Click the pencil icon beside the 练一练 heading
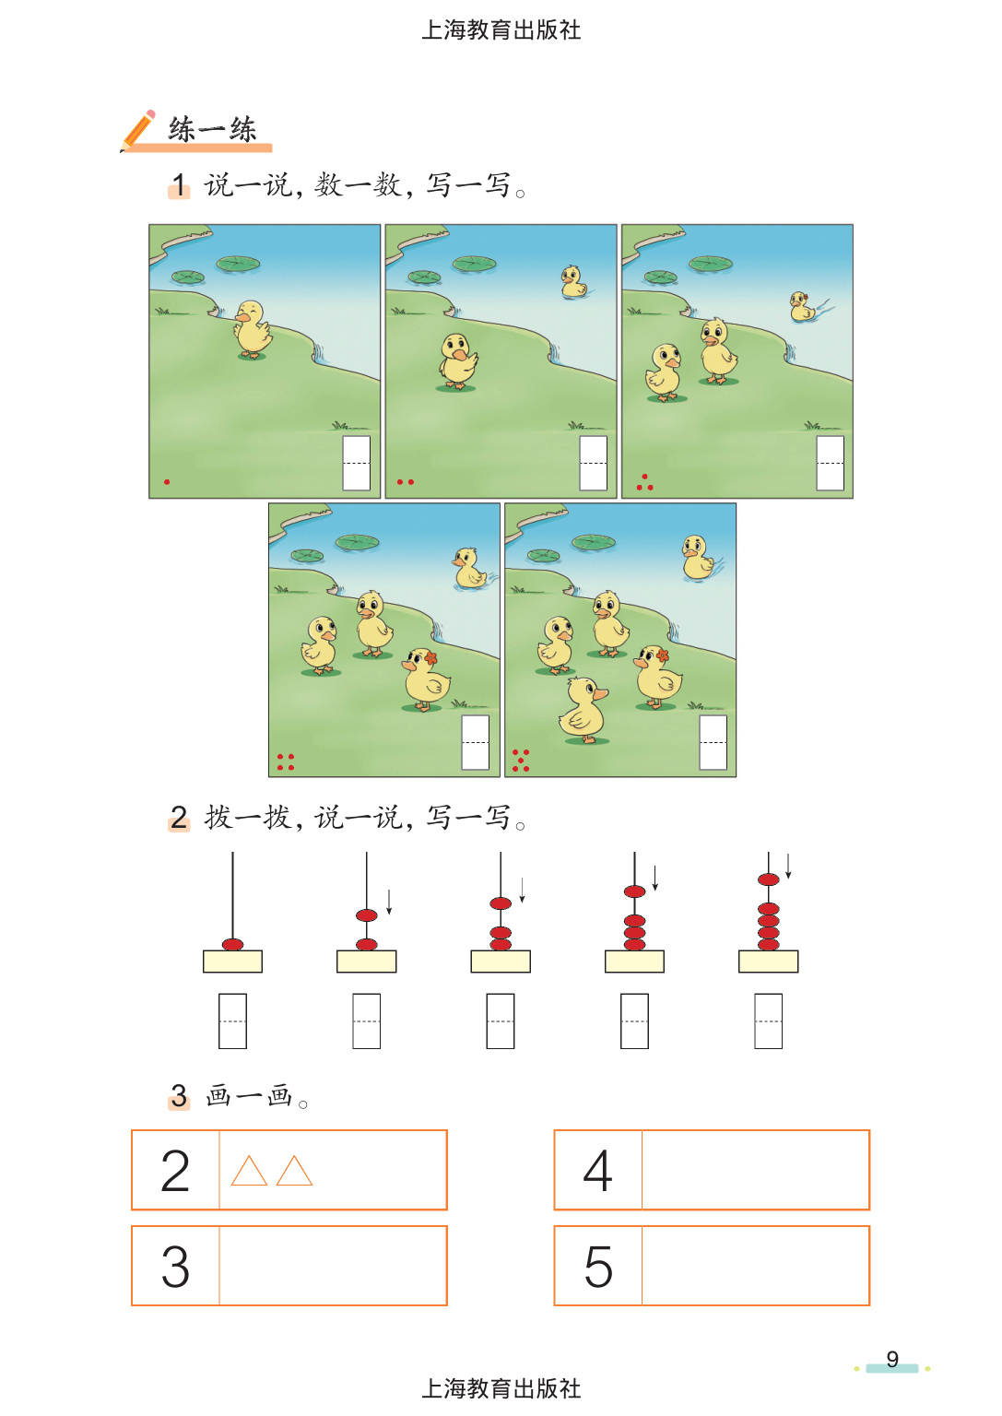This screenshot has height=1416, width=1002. (138, 131)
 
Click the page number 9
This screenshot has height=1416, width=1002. (892, 1359)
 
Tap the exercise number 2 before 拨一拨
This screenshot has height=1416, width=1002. (179, 818)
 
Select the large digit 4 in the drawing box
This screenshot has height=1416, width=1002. (597, 1171)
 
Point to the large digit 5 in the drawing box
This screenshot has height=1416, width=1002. (598, 1266)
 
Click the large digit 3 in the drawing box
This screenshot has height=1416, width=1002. (175, 1266)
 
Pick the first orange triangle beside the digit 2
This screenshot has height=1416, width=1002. (249, 1171)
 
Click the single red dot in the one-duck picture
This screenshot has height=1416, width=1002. (167, 482)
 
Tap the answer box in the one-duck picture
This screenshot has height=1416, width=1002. (357, 463)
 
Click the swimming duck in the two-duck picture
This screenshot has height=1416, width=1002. (573, 281)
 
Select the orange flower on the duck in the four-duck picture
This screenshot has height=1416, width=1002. (430, 657)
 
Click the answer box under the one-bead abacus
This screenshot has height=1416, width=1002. (232, 1021)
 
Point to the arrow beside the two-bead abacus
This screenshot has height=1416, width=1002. (389, 903)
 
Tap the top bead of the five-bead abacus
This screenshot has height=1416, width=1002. (768, 879)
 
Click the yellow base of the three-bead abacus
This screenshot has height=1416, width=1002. (501, 962)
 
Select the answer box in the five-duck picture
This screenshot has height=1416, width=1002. (713, 742)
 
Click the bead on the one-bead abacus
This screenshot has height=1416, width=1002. (232, 944)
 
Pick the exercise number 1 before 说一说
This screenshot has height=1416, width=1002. (180, 185)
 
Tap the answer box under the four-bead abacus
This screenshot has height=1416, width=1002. (635, 1021)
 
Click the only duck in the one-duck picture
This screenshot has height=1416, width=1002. (253, 329)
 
